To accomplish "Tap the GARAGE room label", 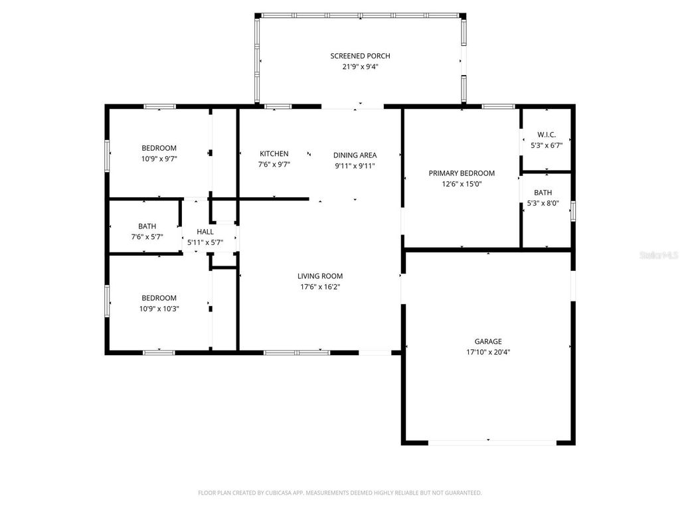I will [487, 341].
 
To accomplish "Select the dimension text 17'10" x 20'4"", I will [487, 353].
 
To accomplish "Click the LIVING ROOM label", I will [320, 276].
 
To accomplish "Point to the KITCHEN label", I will [274, 153].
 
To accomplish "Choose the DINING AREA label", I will [355, 155].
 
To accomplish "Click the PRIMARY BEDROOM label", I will [462, 173].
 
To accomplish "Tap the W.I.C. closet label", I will [546, 135].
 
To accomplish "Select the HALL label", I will [205, 232].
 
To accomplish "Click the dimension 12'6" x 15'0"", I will [462, 184].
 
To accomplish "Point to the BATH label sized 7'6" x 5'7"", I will [147, 226].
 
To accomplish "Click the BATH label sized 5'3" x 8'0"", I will [543, 193].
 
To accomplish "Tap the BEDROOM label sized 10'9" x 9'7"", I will [159, 147].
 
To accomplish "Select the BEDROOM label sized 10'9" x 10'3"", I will [159, 297].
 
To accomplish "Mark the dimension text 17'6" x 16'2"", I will [320, 287].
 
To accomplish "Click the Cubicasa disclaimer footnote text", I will [339, 493].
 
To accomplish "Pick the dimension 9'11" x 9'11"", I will [355, 166].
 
